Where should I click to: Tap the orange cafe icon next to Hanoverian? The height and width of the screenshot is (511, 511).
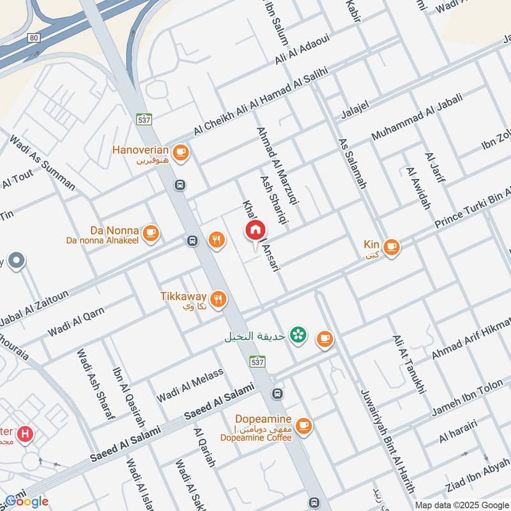(x=181, y=151)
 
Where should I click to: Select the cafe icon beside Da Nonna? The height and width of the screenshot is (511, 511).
(x=151, y=233)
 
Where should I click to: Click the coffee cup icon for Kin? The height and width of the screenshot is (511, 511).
(x=391, y=246)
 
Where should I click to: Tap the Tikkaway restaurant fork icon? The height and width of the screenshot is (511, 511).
(x=218, y=298)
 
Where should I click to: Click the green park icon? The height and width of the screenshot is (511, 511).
(x=297, y=335)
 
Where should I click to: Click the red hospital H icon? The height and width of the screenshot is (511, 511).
(x=25, y=434)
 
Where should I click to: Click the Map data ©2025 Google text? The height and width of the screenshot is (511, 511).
(x=461, y=505)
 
